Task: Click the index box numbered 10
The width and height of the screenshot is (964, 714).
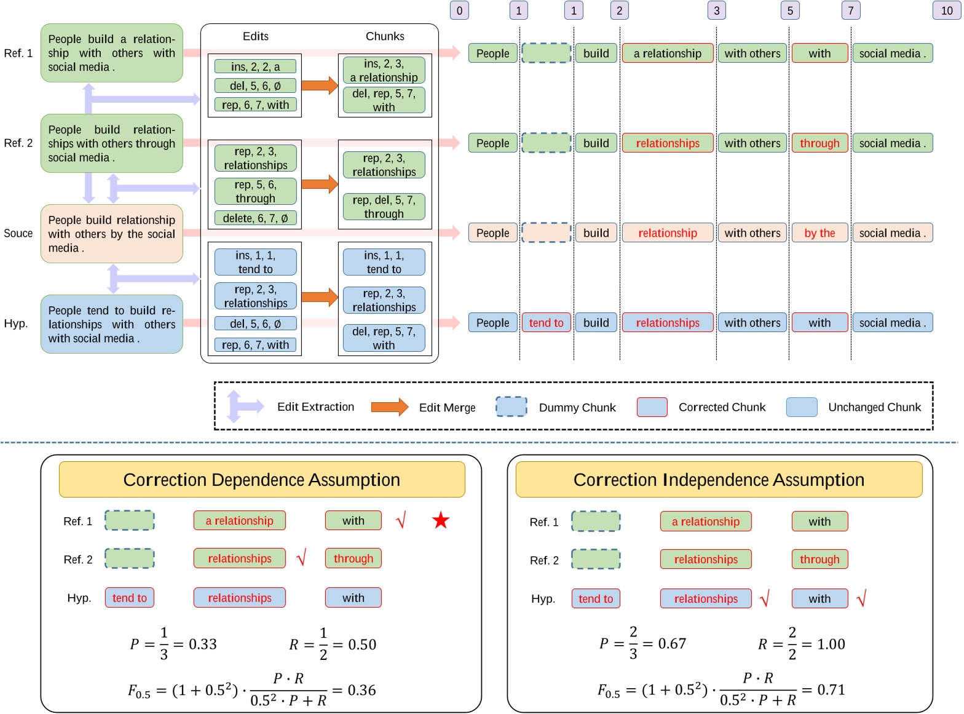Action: pos(946,10)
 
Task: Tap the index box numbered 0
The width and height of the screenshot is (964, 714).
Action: pos(459,10)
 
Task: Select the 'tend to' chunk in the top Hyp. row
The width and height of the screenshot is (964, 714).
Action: pos(546,323)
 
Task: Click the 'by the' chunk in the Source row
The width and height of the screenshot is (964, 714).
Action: pos(820,233)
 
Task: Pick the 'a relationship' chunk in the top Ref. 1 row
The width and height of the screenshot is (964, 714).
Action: pos(668,54)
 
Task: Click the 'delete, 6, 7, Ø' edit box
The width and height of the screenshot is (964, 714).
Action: pos(255,218)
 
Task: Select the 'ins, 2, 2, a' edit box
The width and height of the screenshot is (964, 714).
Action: pos(255,66)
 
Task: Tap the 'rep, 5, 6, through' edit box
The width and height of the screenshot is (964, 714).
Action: pos(255,191)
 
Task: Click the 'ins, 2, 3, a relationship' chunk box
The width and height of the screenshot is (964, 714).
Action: pos(384,70)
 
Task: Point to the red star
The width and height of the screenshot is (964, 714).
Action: pos(441,521)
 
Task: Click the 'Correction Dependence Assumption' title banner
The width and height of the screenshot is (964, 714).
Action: pos(261,480)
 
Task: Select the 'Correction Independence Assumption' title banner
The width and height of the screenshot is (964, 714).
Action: pos(719,480)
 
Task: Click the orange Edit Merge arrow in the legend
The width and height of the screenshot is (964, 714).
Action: pos(390,407)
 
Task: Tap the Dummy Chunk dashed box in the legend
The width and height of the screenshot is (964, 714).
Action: pos(511,407)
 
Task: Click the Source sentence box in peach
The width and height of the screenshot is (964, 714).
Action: pos(111,234)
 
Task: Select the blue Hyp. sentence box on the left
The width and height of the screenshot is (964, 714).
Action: pos(111,324)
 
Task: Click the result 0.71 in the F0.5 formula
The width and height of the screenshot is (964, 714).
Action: pos(831,690)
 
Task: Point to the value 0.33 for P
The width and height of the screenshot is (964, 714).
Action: pos(202,645)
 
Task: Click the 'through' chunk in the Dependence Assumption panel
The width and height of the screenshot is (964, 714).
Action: pos(353,558)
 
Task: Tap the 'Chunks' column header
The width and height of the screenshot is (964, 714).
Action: pos(385,36)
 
